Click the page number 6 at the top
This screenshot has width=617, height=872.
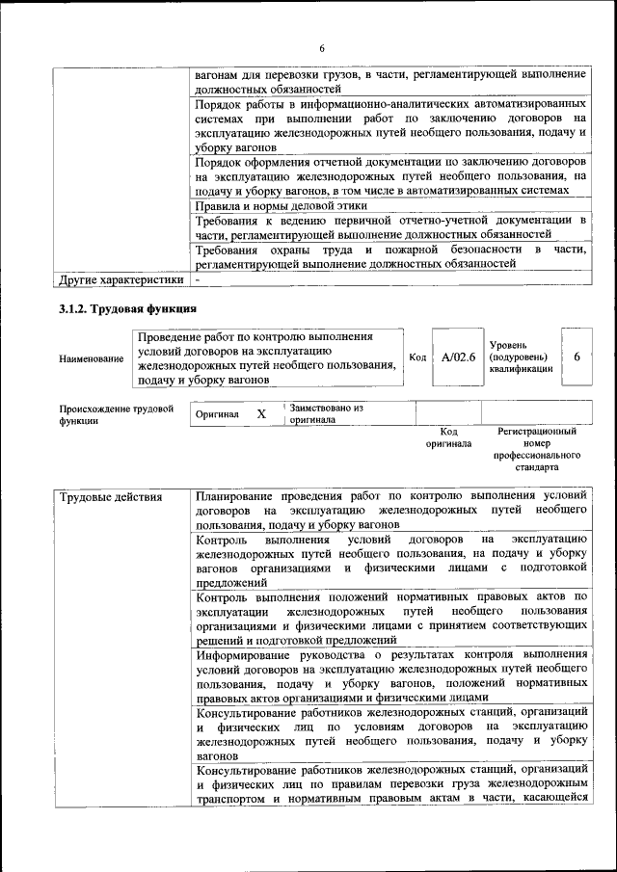322,49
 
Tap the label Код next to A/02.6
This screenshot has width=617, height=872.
417,357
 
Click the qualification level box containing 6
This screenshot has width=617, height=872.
577,357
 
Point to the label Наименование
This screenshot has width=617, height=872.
92,359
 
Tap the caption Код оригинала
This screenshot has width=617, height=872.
448,437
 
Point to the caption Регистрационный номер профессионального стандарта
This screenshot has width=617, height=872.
537,449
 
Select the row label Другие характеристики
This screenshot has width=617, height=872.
121,280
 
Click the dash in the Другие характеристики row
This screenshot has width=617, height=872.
198,280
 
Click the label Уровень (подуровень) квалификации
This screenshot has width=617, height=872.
521,357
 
